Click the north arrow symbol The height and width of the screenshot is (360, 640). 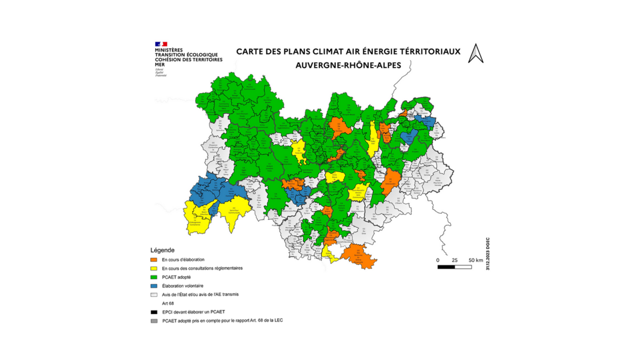[476, 54]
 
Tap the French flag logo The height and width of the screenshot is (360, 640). [161, 44]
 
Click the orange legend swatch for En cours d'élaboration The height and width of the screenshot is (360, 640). [154, 260]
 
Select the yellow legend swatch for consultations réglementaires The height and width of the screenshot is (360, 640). [154, 268]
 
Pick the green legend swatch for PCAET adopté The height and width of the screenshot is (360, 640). [154, 277]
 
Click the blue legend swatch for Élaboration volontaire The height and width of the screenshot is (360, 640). [154, 286]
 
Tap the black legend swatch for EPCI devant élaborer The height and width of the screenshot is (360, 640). [154, 312]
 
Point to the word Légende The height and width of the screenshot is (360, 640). [162, 250]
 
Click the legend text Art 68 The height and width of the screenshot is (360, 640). [168, 304]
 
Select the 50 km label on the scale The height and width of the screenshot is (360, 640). [476, 260]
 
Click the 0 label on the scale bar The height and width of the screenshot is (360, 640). [438, 260]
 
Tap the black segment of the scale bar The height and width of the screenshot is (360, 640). [446, 267]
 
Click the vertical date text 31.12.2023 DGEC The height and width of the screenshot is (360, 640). [488, 254]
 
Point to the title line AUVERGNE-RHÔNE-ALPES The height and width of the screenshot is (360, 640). [348, 65]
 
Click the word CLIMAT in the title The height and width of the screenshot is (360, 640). [329, 52]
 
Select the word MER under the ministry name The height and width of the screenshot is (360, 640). [160, 65]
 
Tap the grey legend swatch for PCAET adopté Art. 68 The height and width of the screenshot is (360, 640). [154, 321]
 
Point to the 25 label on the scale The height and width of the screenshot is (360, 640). [454, 260]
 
